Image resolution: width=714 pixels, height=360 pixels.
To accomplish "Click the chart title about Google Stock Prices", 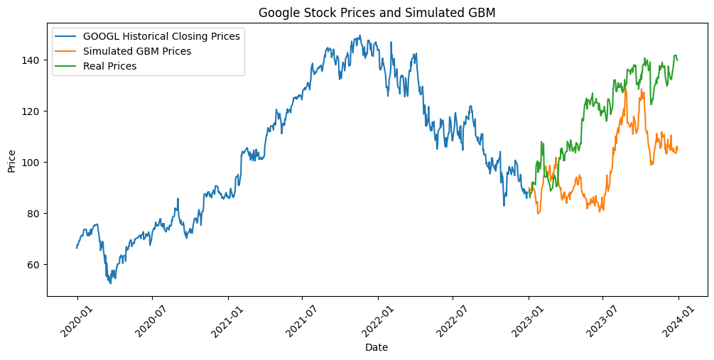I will coord(377,12).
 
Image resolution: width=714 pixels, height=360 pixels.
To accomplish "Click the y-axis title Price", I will coord(11,161).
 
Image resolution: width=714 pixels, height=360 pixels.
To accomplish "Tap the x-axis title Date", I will coord(377,348).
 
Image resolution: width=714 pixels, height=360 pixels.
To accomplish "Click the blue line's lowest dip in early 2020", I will coord(110,283).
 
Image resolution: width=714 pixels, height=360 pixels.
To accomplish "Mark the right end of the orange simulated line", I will coord(677,148).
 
